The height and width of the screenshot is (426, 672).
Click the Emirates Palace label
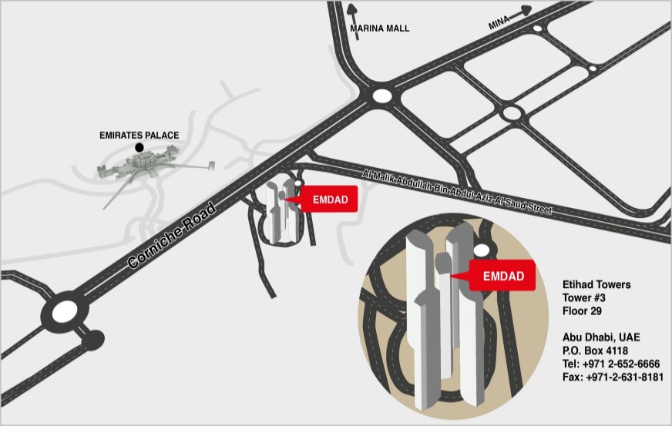click(139, 136)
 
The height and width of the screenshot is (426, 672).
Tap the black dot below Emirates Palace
click(139, 146)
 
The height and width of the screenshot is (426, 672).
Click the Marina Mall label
click(380, 29)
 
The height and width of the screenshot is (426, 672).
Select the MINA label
click(499, 24)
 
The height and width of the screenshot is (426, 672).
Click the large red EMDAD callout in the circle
click(502, 276)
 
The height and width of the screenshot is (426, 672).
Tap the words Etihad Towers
click(596, 285)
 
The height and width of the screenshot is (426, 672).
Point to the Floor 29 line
click(582, 311)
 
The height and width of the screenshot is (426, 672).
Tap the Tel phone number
click(611, 364)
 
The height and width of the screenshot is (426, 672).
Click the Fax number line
click(613, 377)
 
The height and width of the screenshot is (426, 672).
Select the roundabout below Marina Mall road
click(381, 96)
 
